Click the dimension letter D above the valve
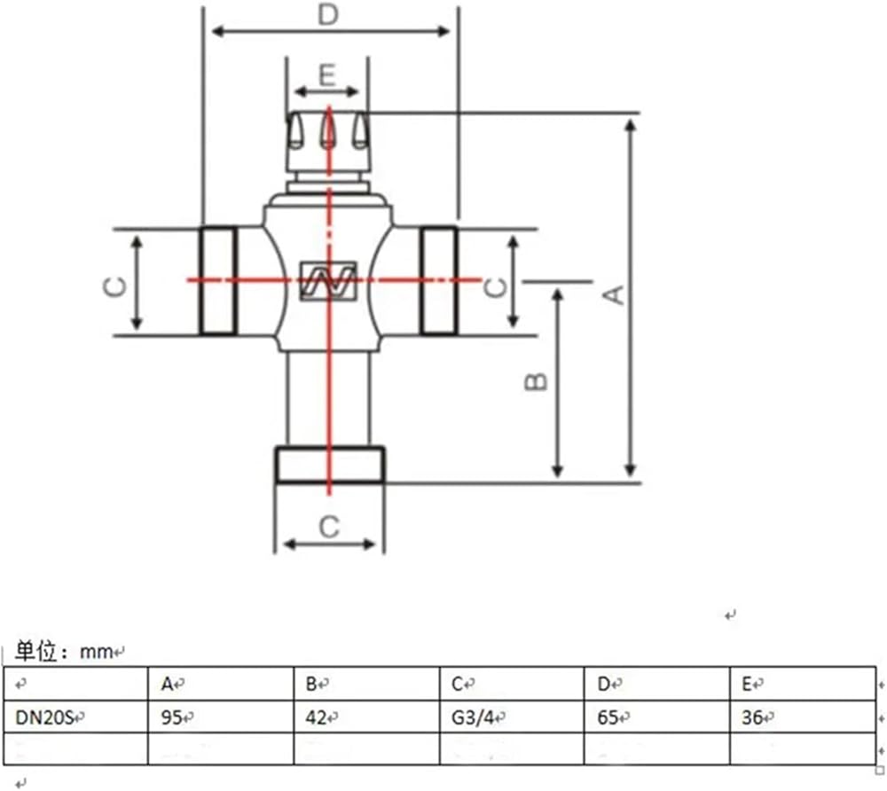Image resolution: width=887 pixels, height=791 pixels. pos(328,15)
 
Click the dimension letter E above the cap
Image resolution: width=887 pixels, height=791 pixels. pos(327,75)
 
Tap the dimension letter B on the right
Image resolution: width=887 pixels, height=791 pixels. pos(536,382)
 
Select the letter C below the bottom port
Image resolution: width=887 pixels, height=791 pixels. pos(329,527)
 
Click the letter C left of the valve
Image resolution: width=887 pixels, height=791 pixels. pos(115,287)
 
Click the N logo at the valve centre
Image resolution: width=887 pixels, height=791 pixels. pos(327,280)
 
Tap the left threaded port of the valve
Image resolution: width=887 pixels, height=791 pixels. pos(218,281)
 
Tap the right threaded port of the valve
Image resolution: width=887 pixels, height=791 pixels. pos(438,281)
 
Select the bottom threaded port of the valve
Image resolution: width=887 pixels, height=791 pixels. pos(330,465)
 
